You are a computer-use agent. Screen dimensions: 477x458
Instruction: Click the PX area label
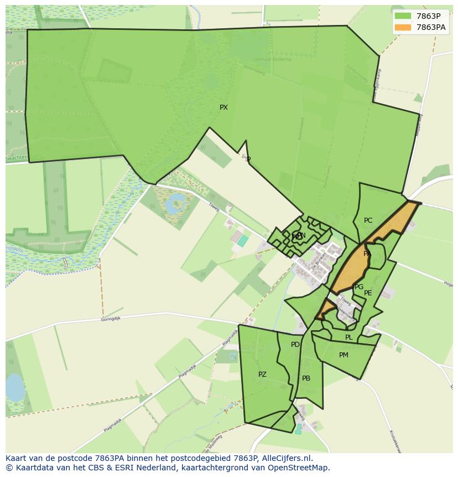click(223, 107)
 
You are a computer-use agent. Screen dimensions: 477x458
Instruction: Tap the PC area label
click(368, 220)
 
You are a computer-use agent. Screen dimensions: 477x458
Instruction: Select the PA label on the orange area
click(367, 254)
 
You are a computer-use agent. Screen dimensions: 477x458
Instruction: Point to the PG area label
click(359, 287)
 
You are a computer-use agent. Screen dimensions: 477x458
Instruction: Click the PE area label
click(368, 293)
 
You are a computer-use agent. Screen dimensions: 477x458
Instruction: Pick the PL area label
click(348, 337)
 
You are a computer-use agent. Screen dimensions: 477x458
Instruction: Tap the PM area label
click(343, 355)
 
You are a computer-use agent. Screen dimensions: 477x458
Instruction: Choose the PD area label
click(295, 345)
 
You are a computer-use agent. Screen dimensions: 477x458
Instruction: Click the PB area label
click(306, 378)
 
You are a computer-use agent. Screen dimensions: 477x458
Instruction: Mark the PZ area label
click(262, 375)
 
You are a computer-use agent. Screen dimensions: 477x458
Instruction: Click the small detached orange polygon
click(325, 309)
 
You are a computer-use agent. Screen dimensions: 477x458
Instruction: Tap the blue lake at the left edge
click(14, 387)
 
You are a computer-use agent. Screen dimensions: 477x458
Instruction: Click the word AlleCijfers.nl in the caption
click(285, 458)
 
